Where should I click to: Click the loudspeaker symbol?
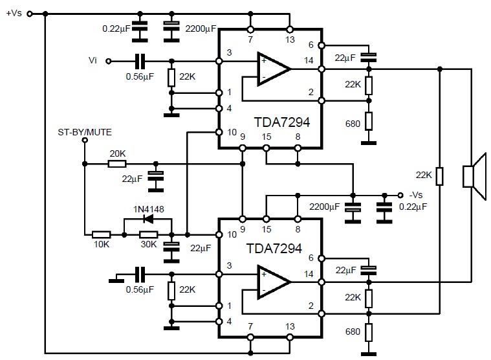pyautogui.click(x=474, y=176)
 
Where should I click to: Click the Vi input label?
pyautogui.click(x=93, y=61)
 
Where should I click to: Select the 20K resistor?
pyautogui.click(x=118, y=164)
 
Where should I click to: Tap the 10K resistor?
pyautogui.click(x=102, y=234)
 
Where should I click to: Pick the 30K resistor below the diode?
pyautogui.click(x=149, y=234)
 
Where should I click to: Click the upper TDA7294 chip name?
pyautogui.click(x=273, y=122)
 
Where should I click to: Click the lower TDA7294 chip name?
pyautogui.click(x=273, y=249)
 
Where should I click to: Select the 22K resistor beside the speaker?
pyautogui.click(x=439, y=176)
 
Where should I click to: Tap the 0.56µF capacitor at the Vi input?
pyautogui.click(x=140, y=62)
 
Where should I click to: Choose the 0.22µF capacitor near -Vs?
pyautogui.click(x=386, y=207)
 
